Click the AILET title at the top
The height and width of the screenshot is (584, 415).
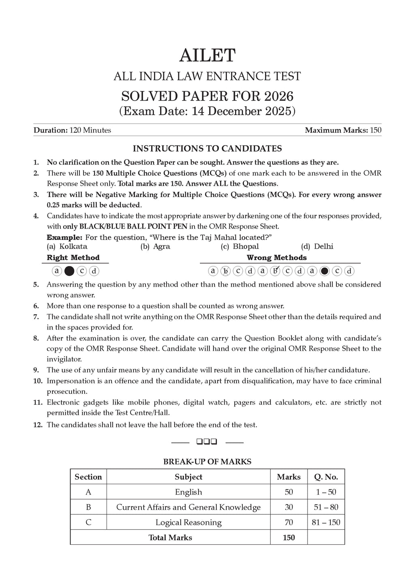click(x=207, y=55)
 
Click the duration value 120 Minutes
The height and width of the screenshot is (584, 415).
click(x=90, y=130)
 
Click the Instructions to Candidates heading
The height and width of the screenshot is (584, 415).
click(x=207, y=148)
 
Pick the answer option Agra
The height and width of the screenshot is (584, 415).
click(x=162, y=246)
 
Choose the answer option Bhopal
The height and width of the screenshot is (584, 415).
click(x=246, y=246)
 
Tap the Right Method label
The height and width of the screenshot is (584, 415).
click(x=73, y=258)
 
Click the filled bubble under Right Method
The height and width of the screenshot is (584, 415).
click(x=69, y=271)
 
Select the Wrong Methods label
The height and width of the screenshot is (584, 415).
click(x=276, y=258)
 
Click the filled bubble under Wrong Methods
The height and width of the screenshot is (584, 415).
click(x=324, y=271)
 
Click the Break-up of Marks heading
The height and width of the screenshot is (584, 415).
click(x=207, y=462)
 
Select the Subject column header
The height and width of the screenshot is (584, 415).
click(x=188, y=477)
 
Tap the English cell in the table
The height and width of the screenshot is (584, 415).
click(x=188, y=492)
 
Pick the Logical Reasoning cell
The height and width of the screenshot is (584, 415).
click(x=188, y=522)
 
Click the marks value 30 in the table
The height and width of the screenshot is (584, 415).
click(x=289, y=507)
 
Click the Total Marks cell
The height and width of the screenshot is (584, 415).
click(x=170, y=537)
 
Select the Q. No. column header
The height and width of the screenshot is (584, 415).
click(x=326, y=477)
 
